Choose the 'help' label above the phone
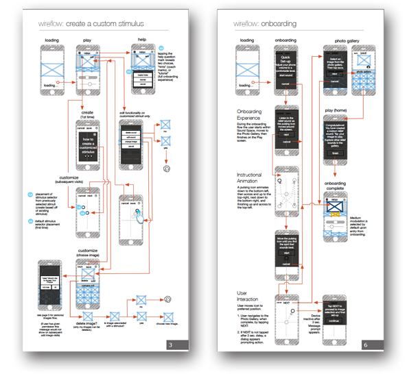click(x=141, y=40)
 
